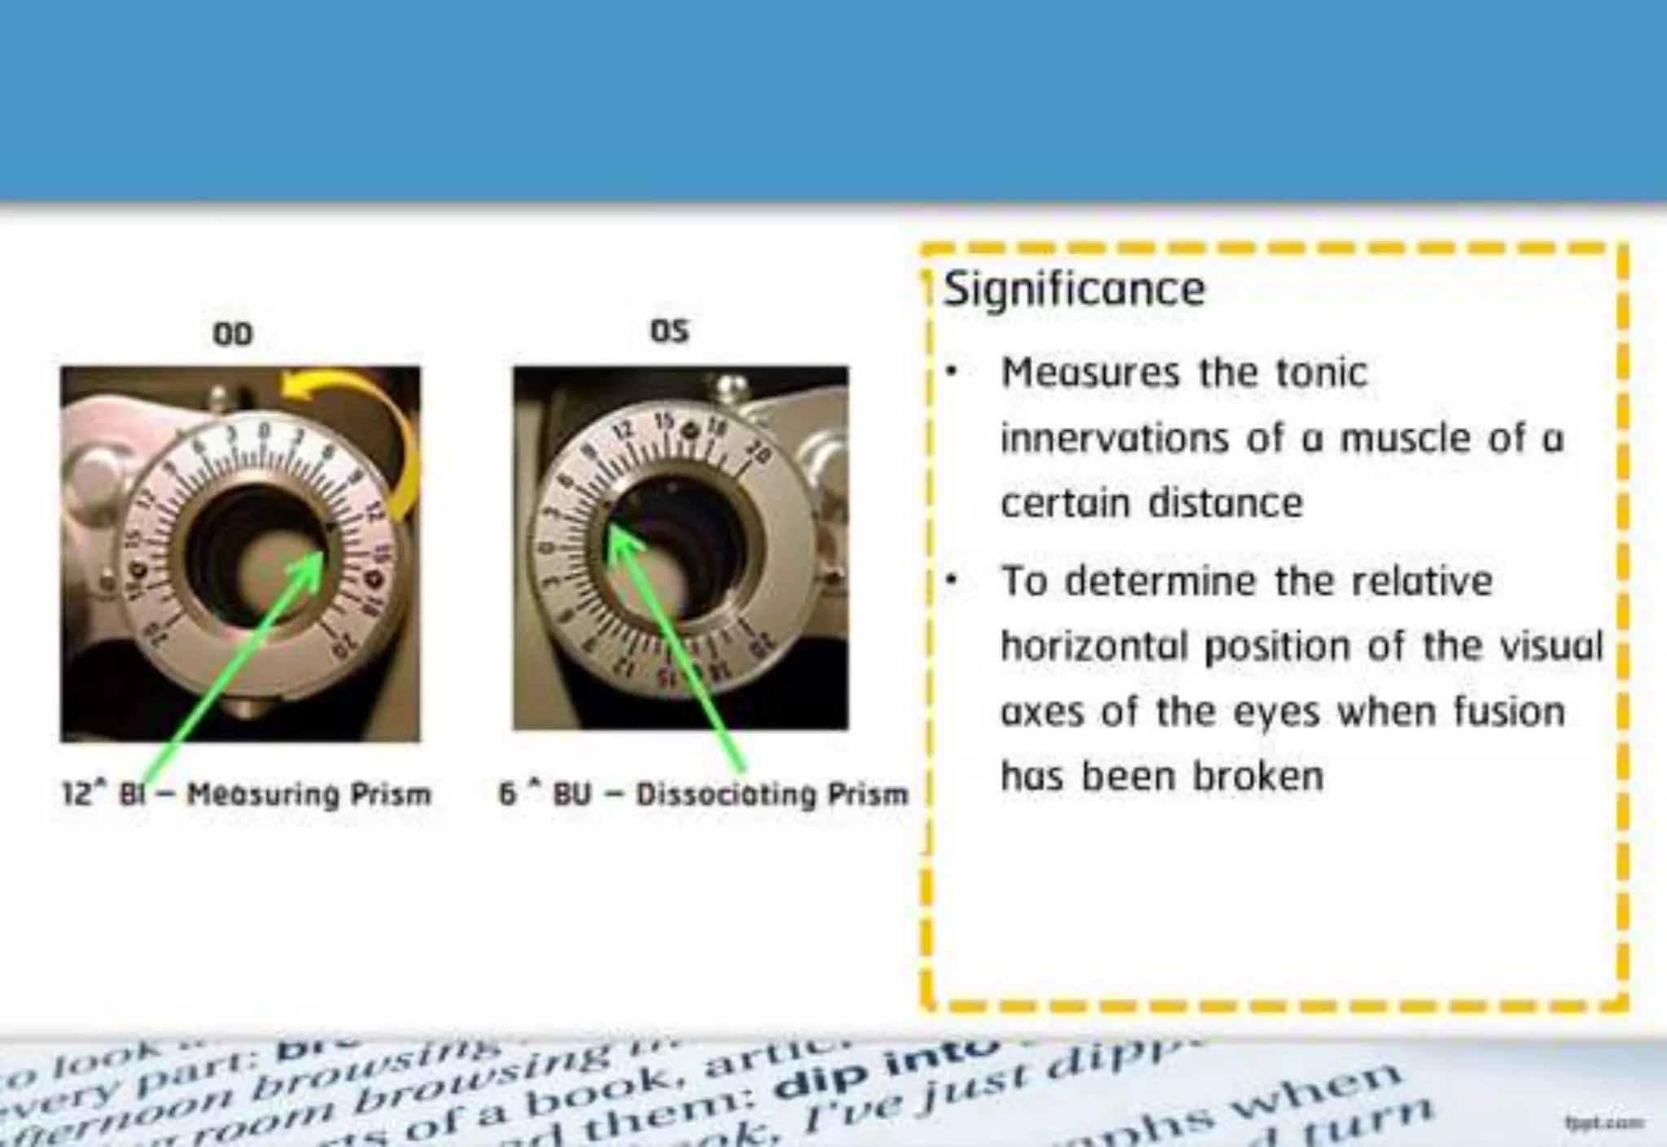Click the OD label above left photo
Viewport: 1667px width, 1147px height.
(x=233, y=334)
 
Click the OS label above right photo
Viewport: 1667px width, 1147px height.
(x=669, y=331)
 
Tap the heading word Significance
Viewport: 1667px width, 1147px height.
(x=1074, y=289)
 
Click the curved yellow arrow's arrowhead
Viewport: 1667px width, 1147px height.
(x=295, y=388)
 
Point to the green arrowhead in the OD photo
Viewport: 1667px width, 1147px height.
(x=313, y=563)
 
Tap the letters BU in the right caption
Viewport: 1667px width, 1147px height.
(x=571, y=794)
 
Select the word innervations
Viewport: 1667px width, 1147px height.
(x=1114, y=439)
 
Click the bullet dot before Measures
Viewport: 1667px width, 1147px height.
(x=950, y=374)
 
